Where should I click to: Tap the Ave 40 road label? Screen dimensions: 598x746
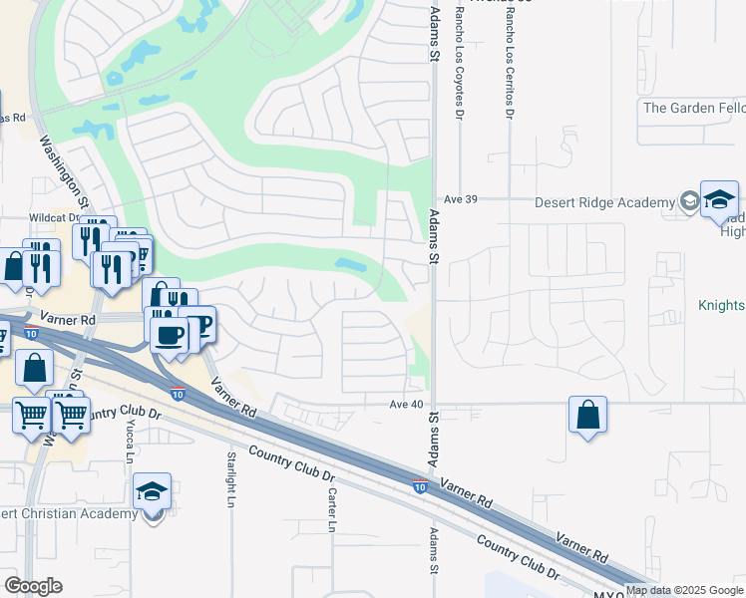[x=407, y=404]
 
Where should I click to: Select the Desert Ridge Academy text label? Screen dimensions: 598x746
[x=604, y=202]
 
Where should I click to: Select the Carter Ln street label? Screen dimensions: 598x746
[x=332, y=510]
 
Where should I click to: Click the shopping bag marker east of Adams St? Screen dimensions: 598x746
[x=588, y=416]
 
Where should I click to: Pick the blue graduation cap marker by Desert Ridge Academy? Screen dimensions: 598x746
[x=719, y=200]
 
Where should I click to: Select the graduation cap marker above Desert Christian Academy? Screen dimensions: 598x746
[x=153, y=491]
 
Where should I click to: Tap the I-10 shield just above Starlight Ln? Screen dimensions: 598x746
[x=178, y=394]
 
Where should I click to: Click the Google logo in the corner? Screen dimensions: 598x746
[x=33, y=586]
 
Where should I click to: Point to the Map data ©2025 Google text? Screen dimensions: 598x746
[x=684, y=590]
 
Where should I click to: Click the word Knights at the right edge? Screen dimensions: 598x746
[x=721, y=305]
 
